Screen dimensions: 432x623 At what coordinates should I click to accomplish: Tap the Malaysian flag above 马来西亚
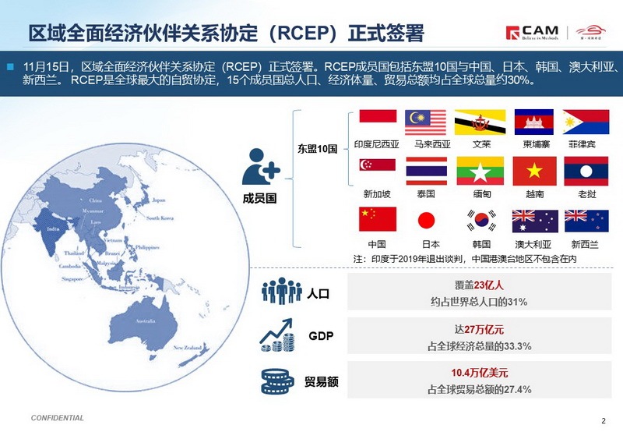click(x=425, y=122)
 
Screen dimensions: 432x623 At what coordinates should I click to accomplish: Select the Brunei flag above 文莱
click(x=474, y=122)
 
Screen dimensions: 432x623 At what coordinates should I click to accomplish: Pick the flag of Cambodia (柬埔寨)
click(x=534, y=122)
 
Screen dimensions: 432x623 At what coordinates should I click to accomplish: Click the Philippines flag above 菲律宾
click(x=586, y=122)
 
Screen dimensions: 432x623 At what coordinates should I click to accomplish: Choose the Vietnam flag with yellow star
click(x=534, y=171)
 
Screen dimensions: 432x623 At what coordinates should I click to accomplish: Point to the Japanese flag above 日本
click(x=425, y=220)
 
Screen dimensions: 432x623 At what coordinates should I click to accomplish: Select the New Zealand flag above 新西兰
click(x=586, y=220)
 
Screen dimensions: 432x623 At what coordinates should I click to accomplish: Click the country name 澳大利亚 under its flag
click(x=534, y=244)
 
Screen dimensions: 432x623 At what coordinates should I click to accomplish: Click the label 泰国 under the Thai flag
click(x=425, y=193)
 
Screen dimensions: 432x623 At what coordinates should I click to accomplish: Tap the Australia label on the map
click(x=146, y=320)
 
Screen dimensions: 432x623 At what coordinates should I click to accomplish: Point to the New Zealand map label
click(x=188, y=347)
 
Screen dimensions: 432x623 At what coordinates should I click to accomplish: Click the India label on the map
click(x=54, y=228)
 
